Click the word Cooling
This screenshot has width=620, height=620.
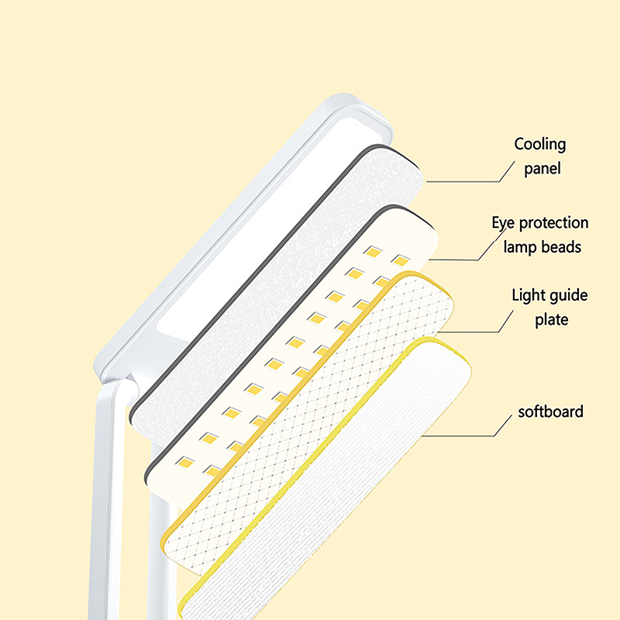coord(540,145)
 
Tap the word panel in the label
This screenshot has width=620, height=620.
coord(541,168)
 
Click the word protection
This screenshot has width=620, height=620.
coord(554,223)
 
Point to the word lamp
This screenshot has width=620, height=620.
coord(521,247)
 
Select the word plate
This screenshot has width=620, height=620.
coord(551,319)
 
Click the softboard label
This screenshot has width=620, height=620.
coord(550,412)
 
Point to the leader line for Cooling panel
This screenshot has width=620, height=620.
coord(465,181)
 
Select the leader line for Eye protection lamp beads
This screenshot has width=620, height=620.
coord(457,259)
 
